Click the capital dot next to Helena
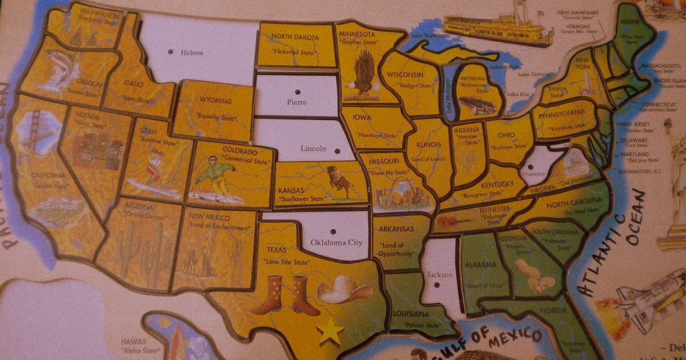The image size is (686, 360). pos(170,52)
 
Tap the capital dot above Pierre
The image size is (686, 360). pos(297,92)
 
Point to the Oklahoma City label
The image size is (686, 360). pos(336,242)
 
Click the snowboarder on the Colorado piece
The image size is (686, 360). pos(216,175)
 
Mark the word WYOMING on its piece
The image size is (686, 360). pos(216,101)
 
